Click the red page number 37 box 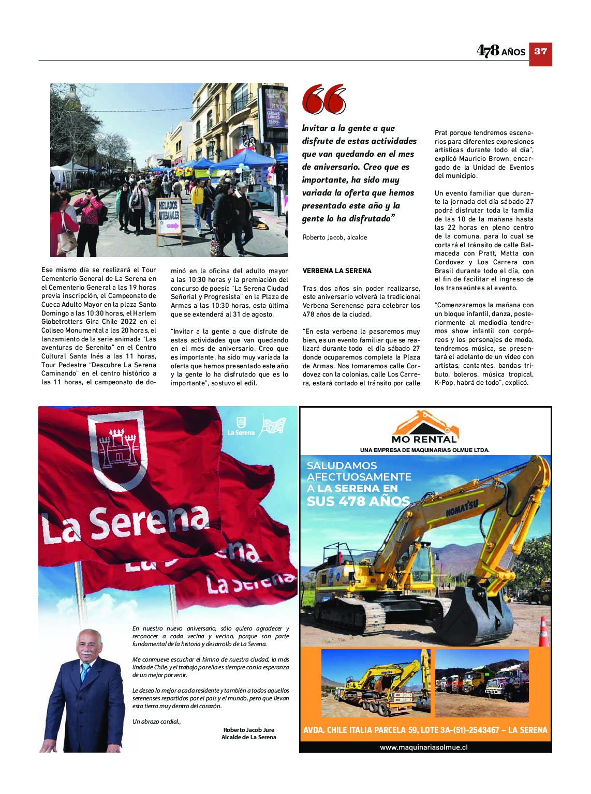pos(540,52)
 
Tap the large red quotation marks pos(323,99)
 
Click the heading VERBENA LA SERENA pos(337,271)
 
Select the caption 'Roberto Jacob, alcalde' pos(335,237)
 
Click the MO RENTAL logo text pos(424,439)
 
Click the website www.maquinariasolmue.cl pos(424,747)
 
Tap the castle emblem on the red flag pos(118,447)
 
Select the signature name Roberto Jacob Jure pos(249,730)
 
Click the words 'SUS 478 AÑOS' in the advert pos(358,501)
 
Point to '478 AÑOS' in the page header pos(500,51)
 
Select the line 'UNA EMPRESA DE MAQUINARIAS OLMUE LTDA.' pos(424,450)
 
